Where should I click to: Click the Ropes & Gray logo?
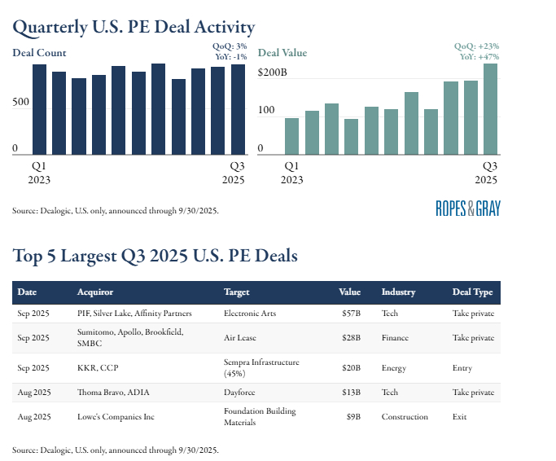coord(468,208)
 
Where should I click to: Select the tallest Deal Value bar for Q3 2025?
coord(490,109)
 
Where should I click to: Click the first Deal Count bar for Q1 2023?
coord(39,109)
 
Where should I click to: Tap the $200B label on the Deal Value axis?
coord(272,72)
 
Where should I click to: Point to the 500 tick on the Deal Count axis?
coord(20,102)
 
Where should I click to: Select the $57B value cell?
coord(350,313)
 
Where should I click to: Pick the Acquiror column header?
coord(95,292)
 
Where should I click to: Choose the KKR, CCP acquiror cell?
coord(98,367)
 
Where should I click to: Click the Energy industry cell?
coord(393,367)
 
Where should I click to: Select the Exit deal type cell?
coord(460,417)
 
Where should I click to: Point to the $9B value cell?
coord(352,417)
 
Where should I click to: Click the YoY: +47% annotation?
coord(479,57)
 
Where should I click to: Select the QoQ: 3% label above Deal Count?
coord(228,46)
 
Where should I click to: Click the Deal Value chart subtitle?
coord(282,53)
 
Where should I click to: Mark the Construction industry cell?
coord(405,417)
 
